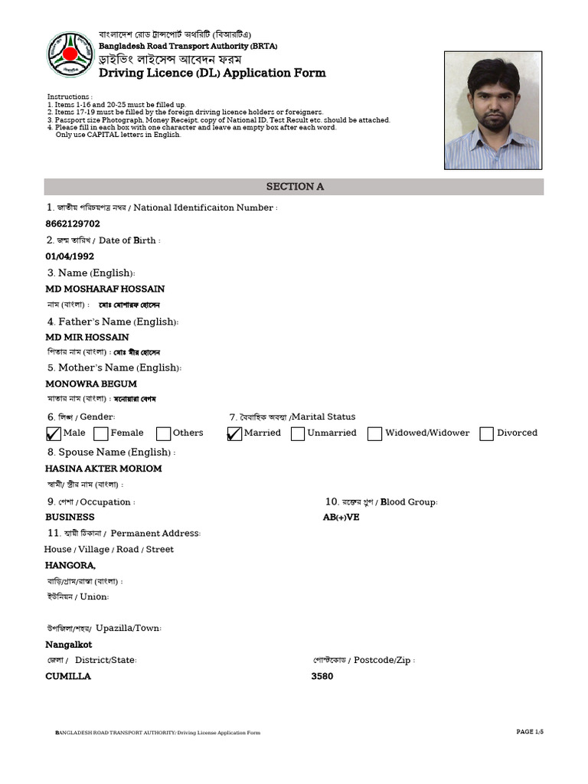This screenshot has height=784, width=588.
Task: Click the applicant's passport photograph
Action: point(493,110)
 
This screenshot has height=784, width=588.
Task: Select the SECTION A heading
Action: point(294,187)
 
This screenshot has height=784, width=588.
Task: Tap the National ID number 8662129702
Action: point(73,224)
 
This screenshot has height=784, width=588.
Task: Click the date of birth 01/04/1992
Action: point(70,256)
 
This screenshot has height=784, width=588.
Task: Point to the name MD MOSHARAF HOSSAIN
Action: point(105,289)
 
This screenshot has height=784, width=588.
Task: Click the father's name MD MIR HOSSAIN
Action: point(87,337)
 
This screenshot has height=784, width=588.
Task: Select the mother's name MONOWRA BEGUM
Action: point(91,384)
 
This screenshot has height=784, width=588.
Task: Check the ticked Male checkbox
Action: point(54,434)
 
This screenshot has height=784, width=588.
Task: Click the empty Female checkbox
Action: point(101,434)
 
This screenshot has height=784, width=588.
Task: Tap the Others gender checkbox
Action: point(163,434)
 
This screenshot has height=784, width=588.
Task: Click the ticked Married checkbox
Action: point(234,434)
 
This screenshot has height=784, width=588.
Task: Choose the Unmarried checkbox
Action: point(298,434)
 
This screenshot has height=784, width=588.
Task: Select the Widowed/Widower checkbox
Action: point(374,434)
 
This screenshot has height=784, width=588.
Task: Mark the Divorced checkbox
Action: point(486,434)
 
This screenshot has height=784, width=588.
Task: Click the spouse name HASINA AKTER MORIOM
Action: point(103,469)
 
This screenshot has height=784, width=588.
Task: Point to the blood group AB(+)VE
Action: point(341,517)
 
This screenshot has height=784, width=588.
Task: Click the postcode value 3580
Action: point(322,676)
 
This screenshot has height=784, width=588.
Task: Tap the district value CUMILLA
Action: point(68,676)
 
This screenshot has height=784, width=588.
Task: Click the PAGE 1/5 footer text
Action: point(530,732)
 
